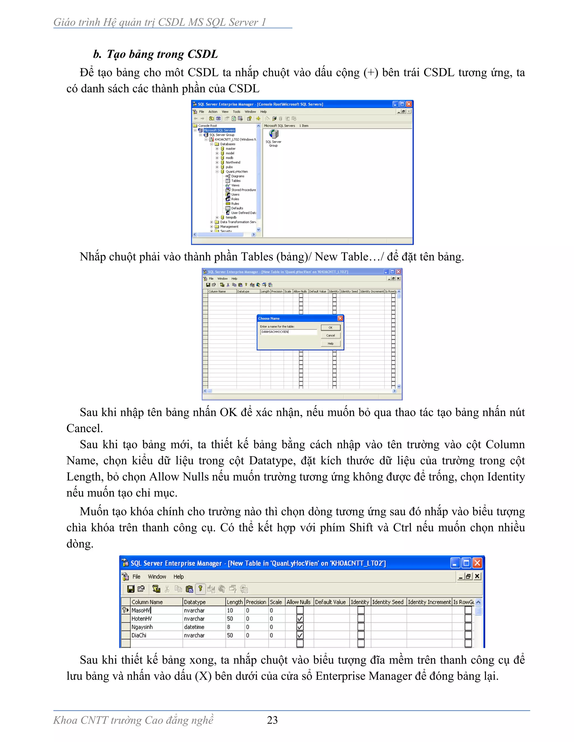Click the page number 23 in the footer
pos(272,720)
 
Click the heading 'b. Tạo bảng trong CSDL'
pos(155,54)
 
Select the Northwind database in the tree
pos(233,162)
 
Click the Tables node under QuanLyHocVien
pos(236,181)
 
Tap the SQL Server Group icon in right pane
pos(273,134)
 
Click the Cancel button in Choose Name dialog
pos(330,335)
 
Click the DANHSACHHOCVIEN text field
pos(288,332)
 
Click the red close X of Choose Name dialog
pos(340,318)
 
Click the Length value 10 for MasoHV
pos(230,610)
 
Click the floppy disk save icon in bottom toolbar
pos(131,589)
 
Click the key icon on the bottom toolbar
pos(200,589)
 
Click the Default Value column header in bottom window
pos(330,602)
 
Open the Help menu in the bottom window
pos(178,577)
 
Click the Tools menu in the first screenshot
pos(236,112)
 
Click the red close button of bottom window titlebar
pos(477,563)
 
